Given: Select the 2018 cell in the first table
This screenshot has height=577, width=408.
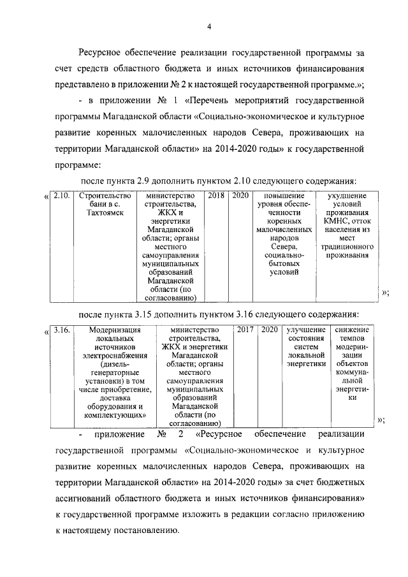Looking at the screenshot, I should tap(217, 196).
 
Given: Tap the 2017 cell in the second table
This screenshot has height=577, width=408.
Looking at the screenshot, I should tap(245, 330).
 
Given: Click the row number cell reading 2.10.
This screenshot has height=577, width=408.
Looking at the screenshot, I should tap(62, 196).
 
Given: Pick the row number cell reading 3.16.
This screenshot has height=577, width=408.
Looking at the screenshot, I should tap(62, 330).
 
